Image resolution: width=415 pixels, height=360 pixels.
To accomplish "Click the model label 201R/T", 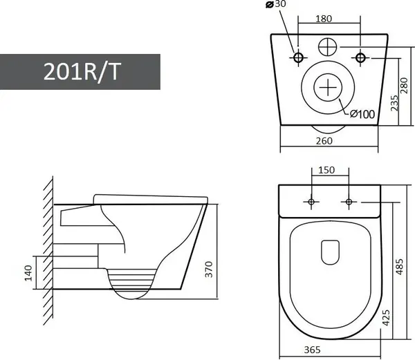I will coord(80,71).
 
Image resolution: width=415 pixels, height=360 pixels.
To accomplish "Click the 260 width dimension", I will coord(324,141).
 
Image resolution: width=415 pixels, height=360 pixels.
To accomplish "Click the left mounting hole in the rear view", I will coord(299,56).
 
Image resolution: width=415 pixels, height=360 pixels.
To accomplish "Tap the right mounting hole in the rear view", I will coord(360,56).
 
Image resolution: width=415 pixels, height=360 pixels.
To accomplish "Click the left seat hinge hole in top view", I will coord(311,201).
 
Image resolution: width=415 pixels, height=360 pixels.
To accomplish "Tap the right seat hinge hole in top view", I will coord(349,201).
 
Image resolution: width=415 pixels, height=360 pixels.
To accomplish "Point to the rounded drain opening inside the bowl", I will coord(329,251).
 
